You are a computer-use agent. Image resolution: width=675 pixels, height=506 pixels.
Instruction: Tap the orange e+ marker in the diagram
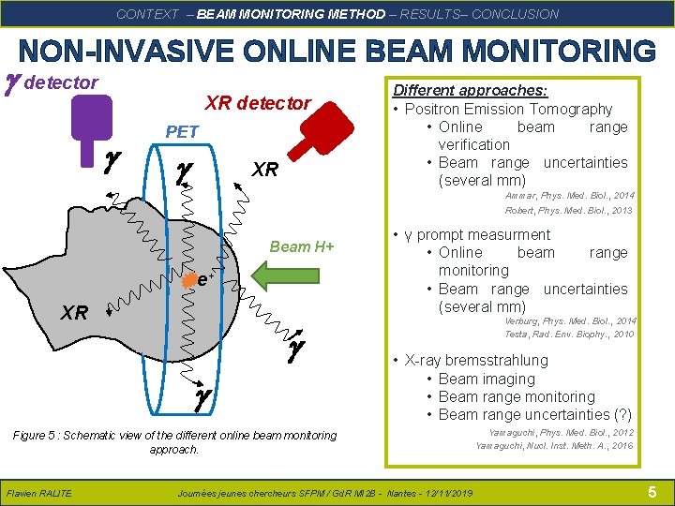click(x=189, y=277)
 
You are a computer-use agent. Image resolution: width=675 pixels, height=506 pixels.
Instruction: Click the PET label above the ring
click(x=181, y=132)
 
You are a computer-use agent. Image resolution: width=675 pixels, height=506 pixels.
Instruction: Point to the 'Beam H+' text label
click(x=302, y=246)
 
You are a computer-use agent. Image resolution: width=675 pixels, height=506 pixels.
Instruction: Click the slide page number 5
click(x=652, y=492)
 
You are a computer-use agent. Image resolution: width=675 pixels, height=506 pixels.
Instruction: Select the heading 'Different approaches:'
click(x=471, y=90)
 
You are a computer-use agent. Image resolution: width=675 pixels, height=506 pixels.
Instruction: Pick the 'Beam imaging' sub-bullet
click(x=487, y=379)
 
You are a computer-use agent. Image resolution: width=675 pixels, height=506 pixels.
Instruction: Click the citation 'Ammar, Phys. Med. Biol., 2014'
click(x=569, y=196)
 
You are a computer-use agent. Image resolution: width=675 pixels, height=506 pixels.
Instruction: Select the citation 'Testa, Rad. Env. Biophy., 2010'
click(x=569, y=334)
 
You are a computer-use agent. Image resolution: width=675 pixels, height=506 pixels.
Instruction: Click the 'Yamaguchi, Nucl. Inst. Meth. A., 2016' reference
click(x=554, y=445)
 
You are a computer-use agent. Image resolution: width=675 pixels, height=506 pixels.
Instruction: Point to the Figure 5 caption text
click(x=174, y=442)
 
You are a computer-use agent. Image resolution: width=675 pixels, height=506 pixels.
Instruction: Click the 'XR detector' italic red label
click(x=258, y=103)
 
